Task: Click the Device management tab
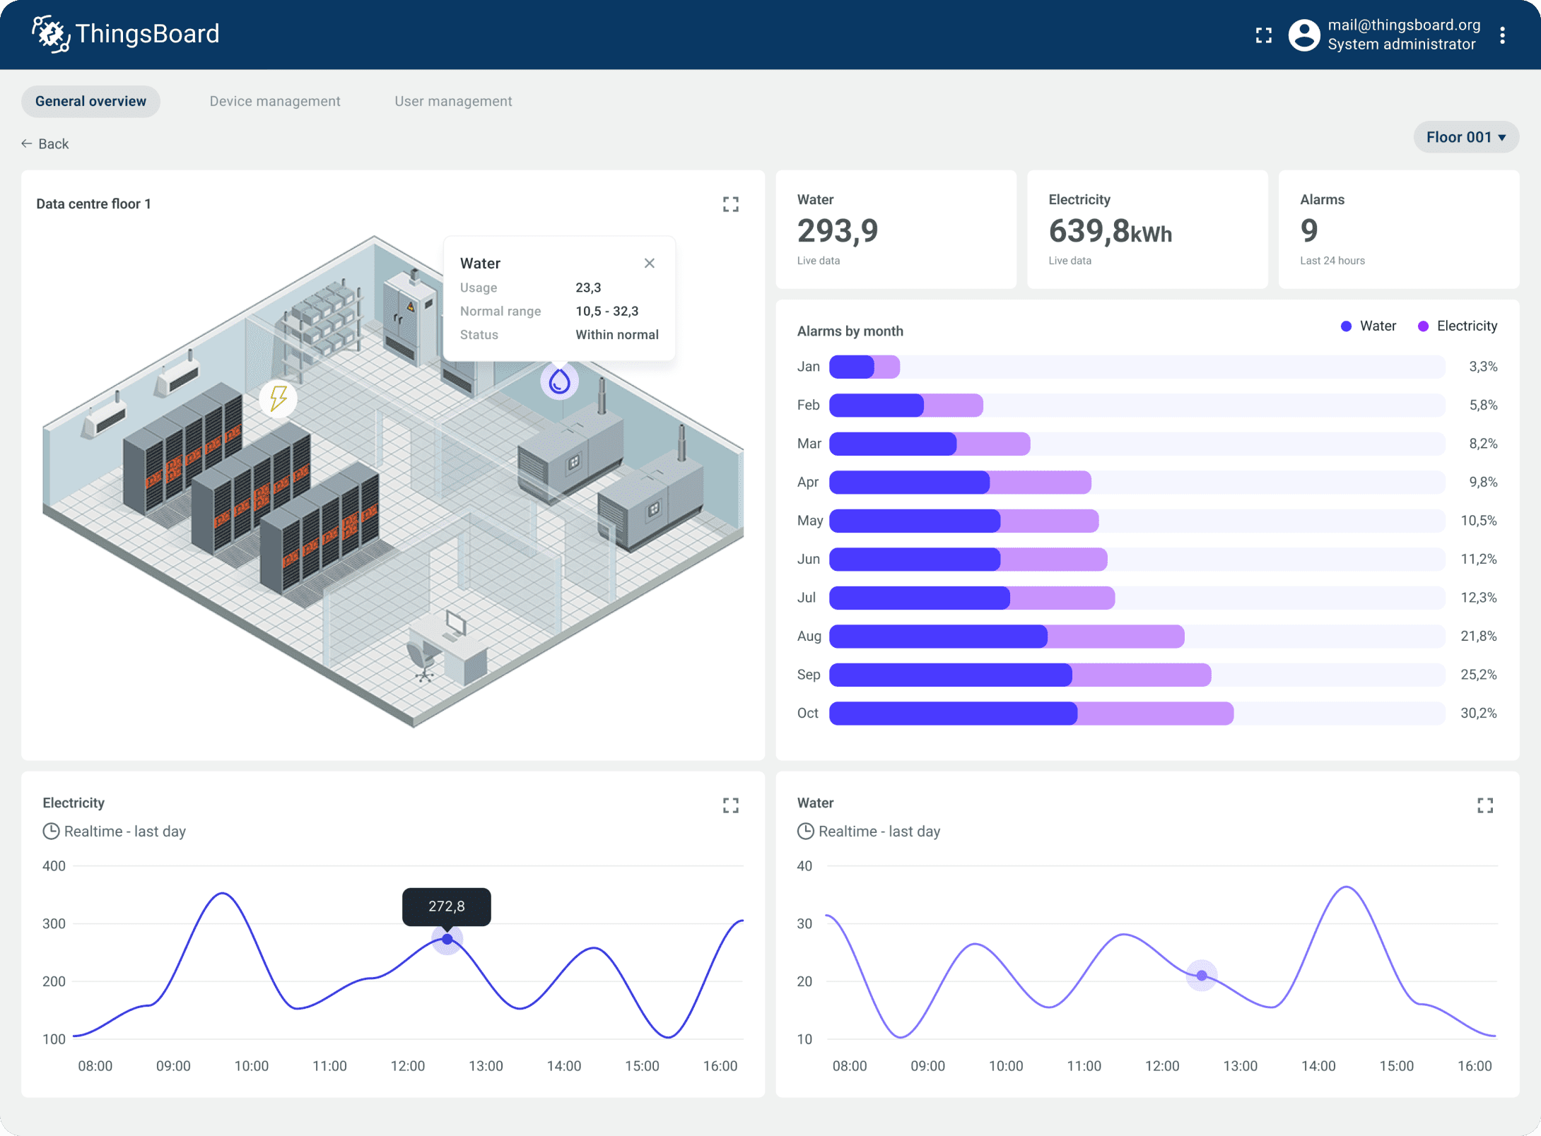(274, 101)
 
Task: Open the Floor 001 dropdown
(1465, 137)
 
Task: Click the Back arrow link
(45, 143)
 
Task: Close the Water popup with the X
(649, 263)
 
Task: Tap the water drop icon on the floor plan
(559, 381)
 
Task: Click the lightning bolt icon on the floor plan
(279, 398)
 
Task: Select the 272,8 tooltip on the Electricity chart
(446, 906)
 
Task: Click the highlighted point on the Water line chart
(1201, 976)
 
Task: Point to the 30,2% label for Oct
(1478, 713)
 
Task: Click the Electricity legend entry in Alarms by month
(1458, 326)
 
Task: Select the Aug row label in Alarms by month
(809, 636)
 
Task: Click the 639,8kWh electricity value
(1110, 231)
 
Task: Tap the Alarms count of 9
(1308, 231)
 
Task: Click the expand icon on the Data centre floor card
(730, 204)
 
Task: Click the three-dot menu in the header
(1502, 35)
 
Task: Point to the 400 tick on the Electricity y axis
(54, 865)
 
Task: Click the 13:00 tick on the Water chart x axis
(1240, 1065)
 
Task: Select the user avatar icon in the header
(1303, 35)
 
